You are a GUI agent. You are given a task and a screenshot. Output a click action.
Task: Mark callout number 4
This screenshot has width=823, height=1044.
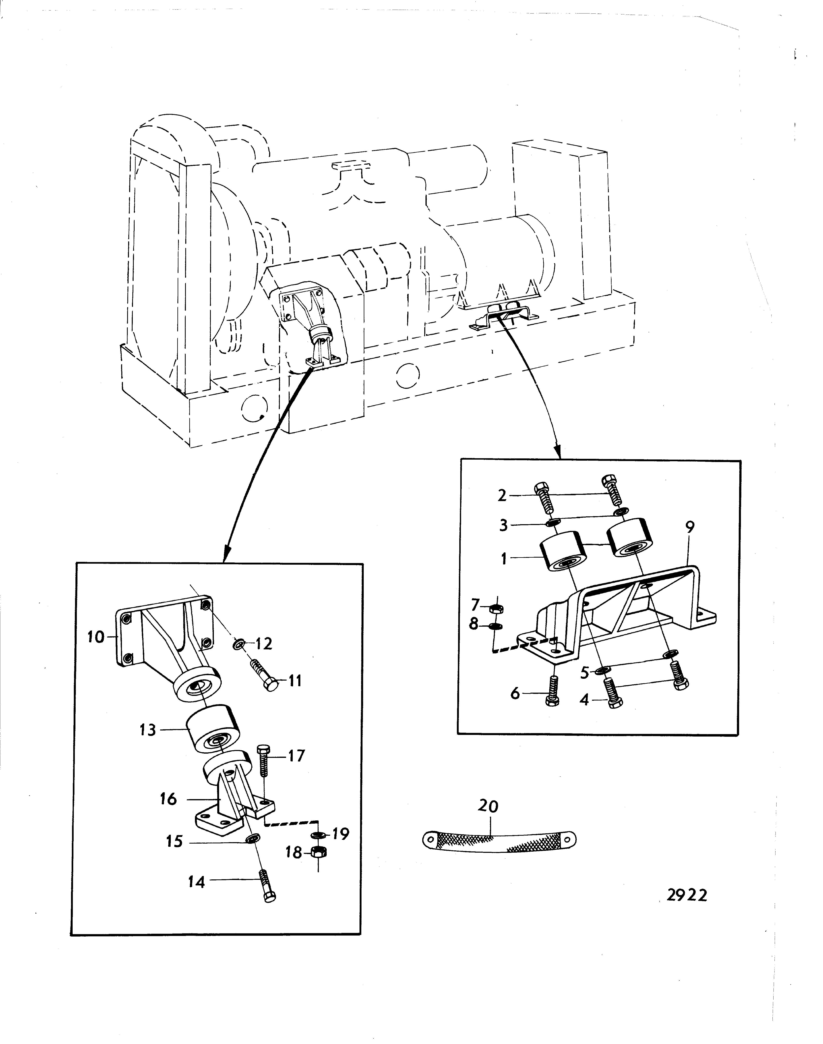[x=584, y=699]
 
